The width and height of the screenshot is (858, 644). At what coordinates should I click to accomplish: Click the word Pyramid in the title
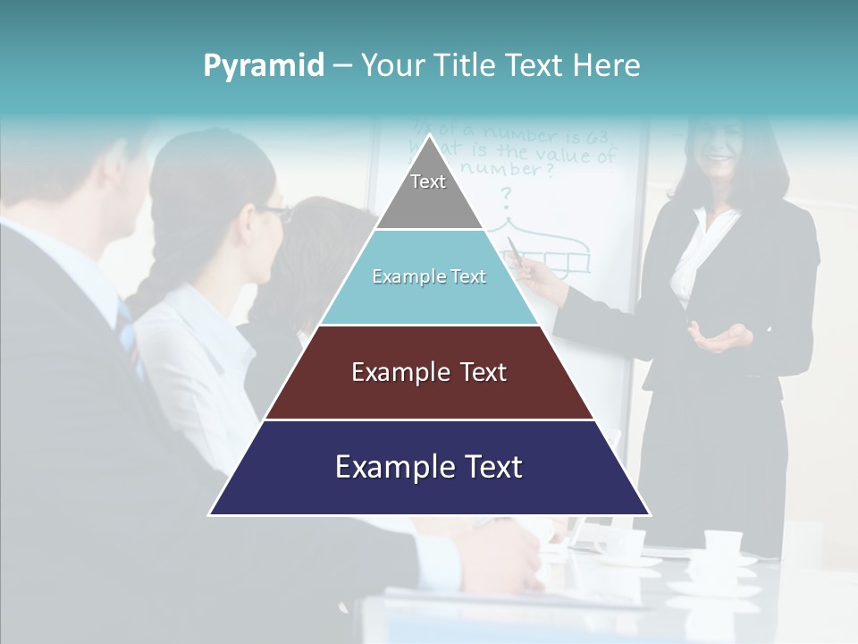pyautogui.click(x=264, y=66)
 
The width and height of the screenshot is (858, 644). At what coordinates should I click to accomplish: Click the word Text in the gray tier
pyautogui.click(x=428, y=182)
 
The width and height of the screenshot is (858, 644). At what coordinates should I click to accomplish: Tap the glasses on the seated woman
pyautogui.click(x=275, y=213)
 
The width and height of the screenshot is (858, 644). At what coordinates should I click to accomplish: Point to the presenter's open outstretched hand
pyautogui.click(x=719, y=338)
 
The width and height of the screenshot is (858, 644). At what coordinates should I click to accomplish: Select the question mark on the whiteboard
pyautogui.click(x=506, y=194)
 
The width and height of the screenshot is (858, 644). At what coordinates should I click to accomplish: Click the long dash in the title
pyautogui.click(x=342, y=66)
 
